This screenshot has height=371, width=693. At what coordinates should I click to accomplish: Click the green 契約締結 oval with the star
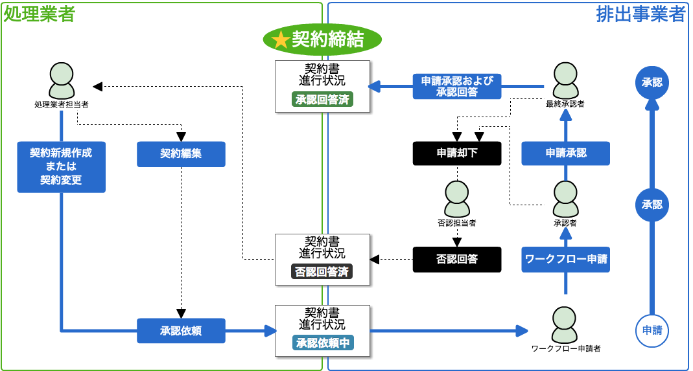click(x=322, y=39)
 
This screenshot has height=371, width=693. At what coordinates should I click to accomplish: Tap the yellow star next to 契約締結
click(x=281, y=40)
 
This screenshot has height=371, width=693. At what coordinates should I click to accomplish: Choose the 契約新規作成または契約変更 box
click(x=61, y=166)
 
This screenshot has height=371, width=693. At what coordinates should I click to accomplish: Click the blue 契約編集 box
click(x=181, y=154)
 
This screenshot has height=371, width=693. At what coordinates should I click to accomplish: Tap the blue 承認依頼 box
click(x=181, y=330)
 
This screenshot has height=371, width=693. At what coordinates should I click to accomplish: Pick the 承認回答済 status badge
click(x=322, y=100)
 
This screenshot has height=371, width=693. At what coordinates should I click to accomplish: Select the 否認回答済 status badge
click(x=322, y=272)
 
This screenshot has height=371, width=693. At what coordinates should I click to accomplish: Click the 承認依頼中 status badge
click(x=322, y=343)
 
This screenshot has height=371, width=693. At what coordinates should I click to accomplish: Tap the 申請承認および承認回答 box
click(x=457, y=86)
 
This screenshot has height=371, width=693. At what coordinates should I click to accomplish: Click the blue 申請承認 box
click(x=565, y=153)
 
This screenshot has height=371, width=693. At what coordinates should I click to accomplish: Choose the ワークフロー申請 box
click(x=565, y=259)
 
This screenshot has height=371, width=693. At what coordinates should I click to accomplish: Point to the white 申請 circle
click(x=652, y=330)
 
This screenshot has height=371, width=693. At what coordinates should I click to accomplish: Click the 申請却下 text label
click(x=457, y=153)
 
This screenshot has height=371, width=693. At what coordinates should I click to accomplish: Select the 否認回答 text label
click(x=457, y=259)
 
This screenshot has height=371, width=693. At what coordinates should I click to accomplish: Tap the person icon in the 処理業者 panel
click(x=62, y=80)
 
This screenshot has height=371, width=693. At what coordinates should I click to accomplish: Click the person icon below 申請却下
click(x=457, y=199)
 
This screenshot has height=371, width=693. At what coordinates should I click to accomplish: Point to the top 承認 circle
click(x=652, y=83)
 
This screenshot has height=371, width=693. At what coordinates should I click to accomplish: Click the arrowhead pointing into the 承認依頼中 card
click(x=270, y=331)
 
